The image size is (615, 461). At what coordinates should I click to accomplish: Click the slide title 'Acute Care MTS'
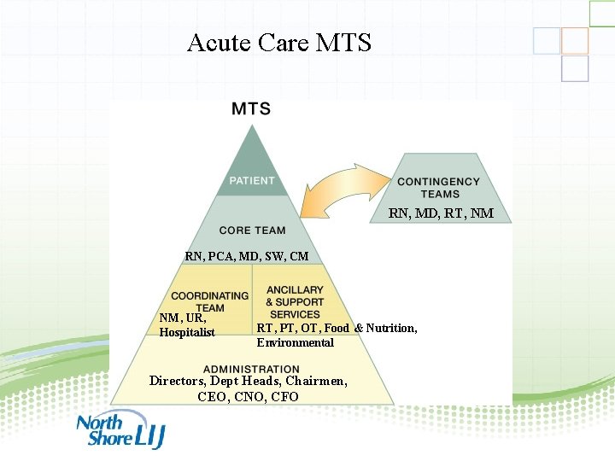click(278, 42)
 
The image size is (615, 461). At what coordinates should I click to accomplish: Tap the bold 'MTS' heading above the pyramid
click(251, 108)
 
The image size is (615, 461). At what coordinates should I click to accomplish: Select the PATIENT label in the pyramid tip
click(252, 180)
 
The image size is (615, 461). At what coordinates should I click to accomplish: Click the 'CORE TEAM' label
click(252, 230)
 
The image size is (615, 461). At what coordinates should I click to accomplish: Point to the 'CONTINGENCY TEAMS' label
click(439, 187)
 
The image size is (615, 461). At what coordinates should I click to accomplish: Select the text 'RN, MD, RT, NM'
click(441, 213)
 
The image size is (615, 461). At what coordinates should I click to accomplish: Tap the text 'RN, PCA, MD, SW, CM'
click(247, 256)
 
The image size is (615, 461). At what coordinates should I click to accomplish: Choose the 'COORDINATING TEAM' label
click(210, 301)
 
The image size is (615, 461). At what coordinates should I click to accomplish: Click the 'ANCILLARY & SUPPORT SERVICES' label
click(295, 302)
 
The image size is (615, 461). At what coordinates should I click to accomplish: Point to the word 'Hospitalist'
click(187, 332)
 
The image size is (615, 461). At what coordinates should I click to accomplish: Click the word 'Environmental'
click(295, 342)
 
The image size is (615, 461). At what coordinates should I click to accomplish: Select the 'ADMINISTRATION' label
click(251, 369)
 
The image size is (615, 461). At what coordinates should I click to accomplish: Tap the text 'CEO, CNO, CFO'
click(248, 396)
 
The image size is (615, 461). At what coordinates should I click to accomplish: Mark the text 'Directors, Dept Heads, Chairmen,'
click(248, 381)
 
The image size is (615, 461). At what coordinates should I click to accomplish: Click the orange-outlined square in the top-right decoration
click(575, 41)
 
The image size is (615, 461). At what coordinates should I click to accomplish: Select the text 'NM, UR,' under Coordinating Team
click(182, 318)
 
